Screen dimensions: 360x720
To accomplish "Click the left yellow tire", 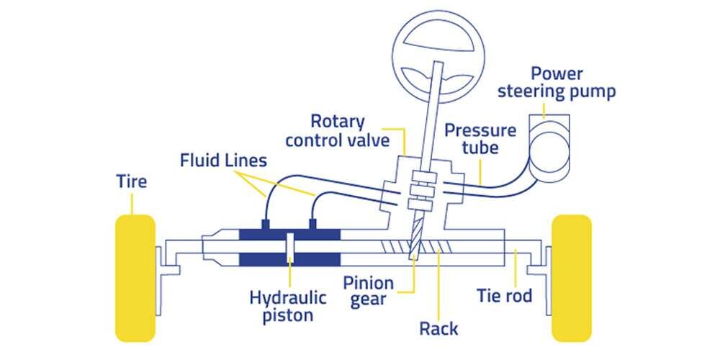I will tap(135, 277).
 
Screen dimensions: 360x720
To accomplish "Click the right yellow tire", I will tap(571, 277).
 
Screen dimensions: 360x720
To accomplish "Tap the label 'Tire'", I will tap(132, 181).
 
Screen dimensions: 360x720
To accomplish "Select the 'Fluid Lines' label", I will tap(223, 159).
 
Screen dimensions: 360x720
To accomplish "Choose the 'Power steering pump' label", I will tap(566, 83).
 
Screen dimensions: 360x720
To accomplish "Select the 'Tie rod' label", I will tap(505, 295).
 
